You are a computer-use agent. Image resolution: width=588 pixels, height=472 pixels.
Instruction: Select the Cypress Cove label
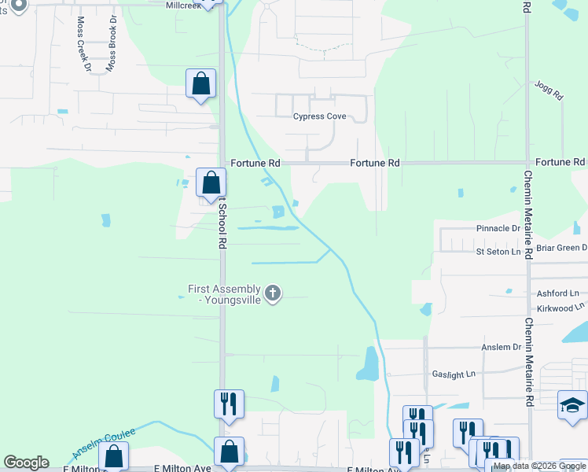tap(319, 116)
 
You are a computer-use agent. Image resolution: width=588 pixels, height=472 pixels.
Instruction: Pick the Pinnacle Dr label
tap(498, 228)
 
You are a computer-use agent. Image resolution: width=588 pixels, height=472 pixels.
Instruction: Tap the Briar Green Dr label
tap(560, 247)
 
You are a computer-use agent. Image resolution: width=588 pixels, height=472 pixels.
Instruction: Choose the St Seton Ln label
tap(498, 252)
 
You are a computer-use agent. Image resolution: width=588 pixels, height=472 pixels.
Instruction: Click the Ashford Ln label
tap(557, 293)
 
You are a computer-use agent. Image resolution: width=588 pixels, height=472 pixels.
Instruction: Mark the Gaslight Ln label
tap(454, 374)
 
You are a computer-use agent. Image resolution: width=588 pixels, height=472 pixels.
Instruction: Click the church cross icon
tap(273, 294)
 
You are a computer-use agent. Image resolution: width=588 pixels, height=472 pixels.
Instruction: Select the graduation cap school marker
tap(572, 405)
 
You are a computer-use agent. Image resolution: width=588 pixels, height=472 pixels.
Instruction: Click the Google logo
tap(26, 463)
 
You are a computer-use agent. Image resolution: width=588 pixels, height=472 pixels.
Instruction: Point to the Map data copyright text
tap(540, 466)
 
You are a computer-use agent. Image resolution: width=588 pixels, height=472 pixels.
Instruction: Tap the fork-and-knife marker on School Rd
tap(229, 404)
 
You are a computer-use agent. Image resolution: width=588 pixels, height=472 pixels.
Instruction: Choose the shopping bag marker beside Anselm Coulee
tap(114, 456)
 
